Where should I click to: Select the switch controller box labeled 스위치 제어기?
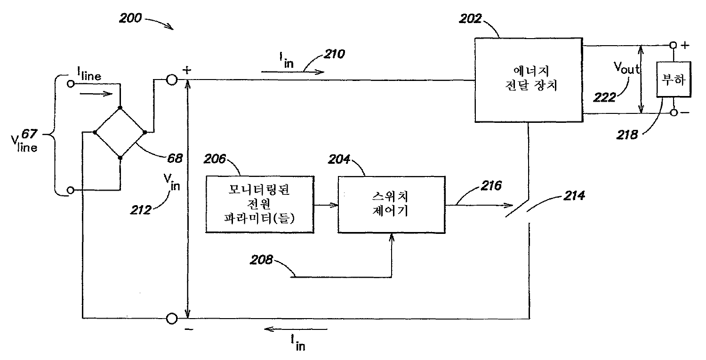(x=392, y=205)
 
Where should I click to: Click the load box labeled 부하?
(x=674, y=79)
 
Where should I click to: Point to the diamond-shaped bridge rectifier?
(x=120, y=133)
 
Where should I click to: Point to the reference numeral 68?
(x=175, y=158)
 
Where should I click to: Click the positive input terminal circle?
(x=172, y=80)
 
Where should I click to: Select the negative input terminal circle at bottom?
(x=172, y=319)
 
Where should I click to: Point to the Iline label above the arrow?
(x=88, y=74)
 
